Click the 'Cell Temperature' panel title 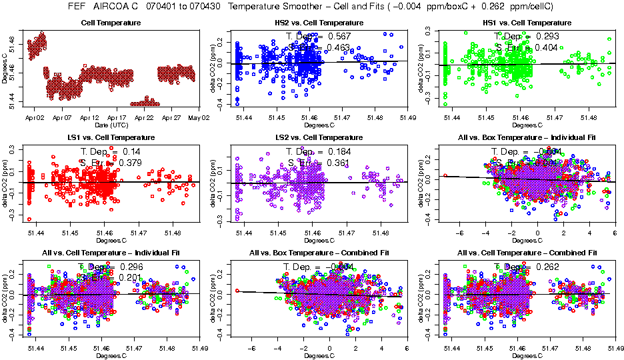pyautogui.click(x=111, y=23)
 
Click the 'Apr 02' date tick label pyautogui.click(x=35, y=117)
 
